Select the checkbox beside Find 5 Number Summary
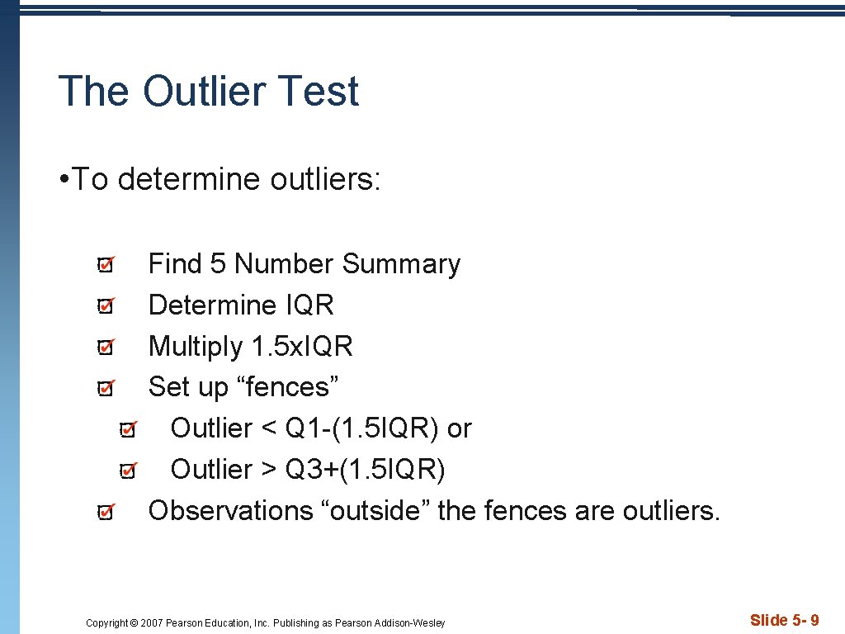click(x=106, y=265)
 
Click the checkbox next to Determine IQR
click(x=106, y=306)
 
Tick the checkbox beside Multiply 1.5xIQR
click(x=106, y=348)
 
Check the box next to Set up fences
click(x=106, y=388)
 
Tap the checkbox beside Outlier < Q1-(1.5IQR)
click(x=128, y=429)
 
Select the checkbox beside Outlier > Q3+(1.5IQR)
click(x=128, y=471)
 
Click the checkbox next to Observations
click(x=106, y=512)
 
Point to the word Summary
click(x=401, y=264)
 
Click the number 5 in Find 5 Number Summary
click(x=218, y=264)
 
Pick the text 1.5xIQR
click(x=301, y=347)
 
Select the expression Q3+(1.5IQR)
click(x=365, y=470)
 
